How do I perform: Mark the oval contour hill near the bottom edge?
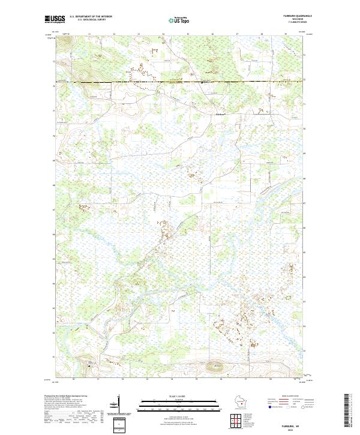(214, 364)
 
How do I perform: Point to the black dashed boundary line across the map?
(180, 82)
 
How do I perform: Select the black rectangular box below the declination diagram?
(119, 425)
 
